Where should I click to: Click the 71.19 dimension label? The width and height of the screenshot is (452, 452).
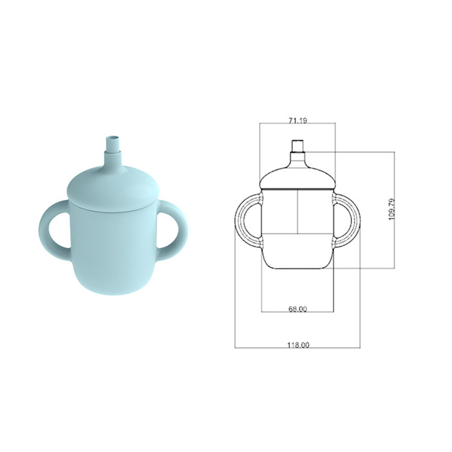[297, 120]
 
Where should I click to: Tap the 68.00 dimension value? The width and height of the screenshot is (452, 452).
[297, 309]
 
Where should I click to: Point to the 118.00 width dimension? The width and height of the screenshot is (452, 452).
[298, 345]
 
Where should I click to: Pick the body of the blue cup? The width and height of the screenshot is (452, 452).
[113, 253]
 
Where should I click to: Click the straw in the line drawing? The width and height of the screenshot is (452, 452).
[297, 146]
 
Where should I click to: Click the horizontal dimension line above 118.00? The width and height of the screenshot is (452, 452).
[297, 348]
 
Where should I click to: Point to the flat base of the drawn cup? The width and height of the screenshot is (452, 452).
[297, 268]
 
